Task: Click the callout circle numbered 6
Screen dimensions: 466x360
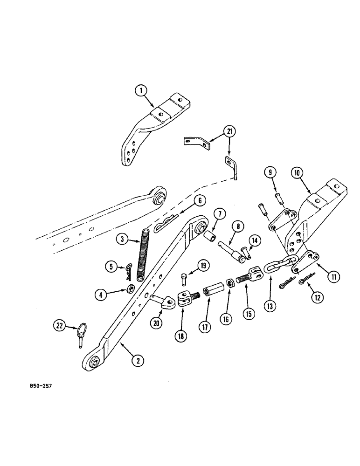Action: [x=199, y=201]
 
